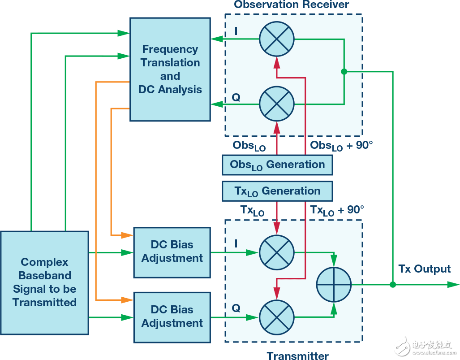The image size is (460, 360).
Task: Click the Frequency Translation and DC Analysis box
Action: coord(170,69)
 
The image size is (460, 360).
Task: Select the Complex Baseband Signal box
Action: coord(44,282)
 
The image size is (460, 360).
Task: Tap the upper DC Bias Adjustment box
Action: coord(172,252)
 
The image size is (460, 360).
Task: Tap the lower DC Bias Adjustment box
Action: coord(172,317)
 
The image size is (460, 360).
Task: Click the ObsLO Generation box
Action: coord(277,165)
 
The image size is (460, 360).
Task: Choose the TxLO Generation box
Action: coord(277,191)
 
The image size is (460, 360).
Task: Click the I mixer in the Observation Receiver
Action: coord(277,39)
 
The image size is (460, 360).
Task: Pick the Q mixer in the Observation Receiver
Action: coord(277,104)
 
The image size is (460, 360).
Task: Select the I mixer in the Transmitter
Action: coord(277,252)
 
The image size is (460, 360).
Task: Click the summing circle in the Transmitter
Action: coord(334,284)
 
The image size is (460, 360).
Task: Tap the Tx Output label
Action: coord(424,269)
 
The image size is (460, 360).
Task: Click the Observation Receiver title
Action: coord(291,5)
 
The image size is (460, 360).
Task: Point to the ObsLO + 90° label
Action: coord(341,146)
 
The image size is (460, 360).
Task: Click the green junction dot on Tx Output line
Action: coord(393,284)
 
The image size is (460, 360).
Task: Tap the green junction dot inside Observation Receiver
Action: coord(344,72)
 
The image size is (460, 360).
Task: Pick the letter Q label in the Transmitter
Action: coord(236,308)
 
